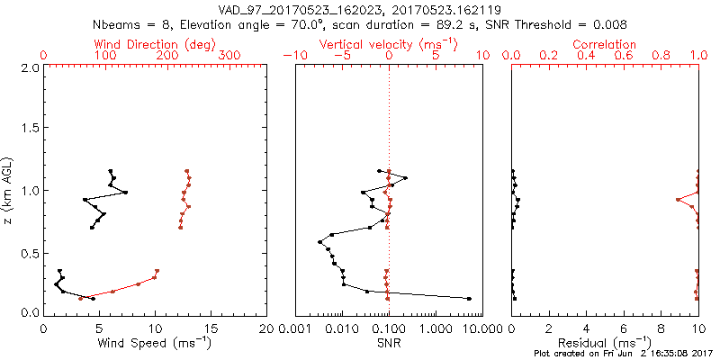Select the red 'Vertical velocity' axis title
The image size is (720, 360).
pyautogui.click(x=388, y=44)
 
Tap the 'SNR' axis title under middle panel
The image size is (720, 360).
pyautogui.click(x=388, y=342)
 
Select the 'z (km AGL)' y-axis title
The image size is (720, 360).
pyautogui.click(x=11, y=190)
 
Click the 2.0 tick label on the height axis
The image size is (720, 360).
pyautogui.click(x=29, y=67)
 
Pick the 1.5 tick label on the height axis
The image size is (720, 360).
pyautogui.click(x=29, y=129)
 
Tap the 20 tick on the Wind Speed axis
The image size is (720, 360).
pyautogui.click(x=266, y=329)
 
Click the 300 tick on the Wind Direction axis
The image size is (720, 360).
pyautogui.click(x=230, y=55)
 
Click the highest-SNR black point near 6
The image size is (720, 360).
pyautogui.click(x=469, y=298)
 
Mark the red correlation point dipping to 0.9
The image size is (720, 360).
pyautogui.click(x=678, y=200)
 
